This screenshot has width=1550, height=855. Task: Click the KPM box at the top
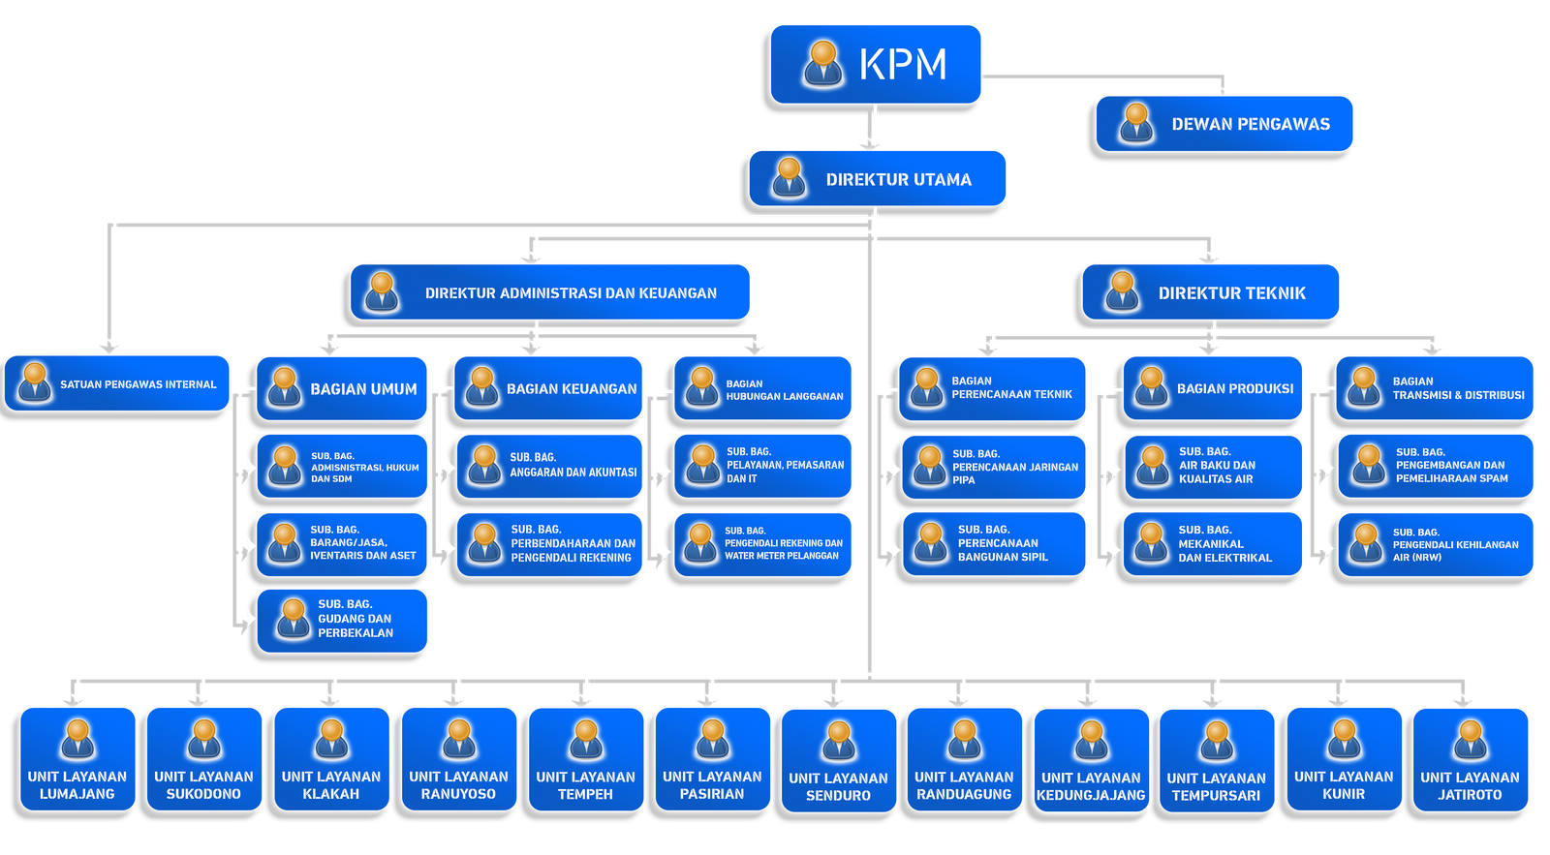click(877, 64)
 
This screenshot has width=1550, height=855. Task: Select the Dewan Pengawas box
click(1225, 124)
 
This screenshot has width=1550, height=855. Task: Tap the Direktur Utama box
click(878, 179)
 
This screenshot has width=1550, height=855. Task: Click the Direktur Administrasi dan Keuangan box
click(550, 291)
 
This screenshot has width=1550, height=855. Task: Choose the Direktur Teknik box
click(1211, 291)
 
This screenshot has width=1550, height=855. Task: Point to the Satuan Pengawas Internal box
click(117, 383)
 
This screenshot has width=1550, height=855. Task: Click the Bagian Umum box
click(342, 388)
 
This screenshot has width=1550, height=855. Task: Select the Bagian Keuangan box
click(548, 388)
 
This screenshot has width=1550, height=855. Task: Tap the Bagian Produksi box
click(1214, 388)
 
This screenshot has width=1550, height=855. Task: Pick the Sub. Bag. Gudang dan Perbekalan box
click(343, 619)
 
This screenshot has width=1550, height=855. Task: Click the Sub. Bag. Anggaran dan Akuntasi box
click(549, 466)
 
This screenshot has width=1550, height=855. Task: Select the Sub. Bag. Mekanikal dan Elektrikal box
click(1214, 544)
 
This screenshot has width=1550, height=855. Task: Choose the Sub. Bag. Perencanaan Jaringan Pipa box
click(993, 467)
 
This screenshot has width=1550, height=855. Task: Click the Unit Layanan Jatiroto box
click(1470, 759)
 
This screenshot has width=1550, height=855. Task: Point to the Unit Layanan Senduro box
click(838, 760)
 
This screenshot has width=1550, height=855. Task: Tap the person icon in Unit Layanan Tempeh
click(585, 740)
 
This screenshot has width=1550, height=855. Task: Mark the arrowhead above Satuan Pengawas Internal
click(115, 341)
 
